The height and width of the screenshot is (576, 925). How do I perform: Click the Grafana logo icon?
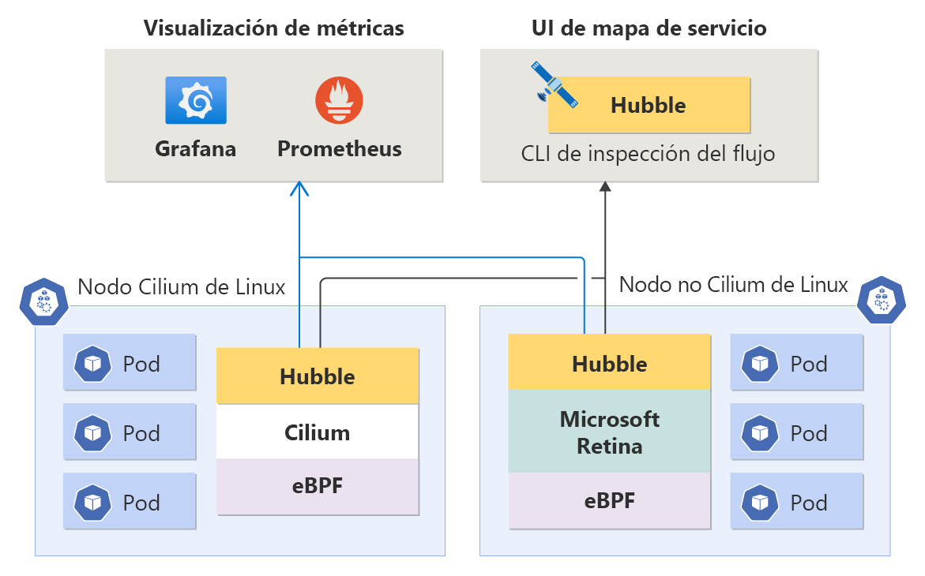coord(196,100)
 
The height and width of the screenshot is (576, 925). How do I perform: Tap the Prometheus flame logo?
coord(339,101)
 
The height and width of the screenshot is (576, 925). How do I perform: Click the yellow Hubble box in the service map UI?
coord(649,105)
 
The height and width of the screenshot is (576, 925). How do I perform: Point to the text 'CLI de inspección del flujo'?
coord(648,153)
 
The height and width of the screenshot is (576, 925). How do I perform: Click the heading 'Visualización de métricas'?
coord(273,28)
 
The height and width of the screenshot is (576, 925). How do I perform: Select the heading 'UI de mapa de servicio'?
coord(648,28)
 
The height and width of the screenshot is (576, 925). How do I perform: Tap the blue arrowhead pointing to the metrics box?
coord(299,189)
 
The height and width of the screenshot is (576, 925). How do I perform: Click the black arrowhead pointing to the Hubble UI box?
coord(605,187)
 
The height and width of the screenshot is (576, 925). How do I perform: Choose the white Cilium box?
coord(318,432)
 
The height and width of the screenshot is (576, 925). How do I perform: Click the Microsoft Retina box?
coord(610,432)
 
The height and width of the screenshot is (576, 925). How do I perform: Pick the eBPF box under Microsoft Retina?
coord(610,500)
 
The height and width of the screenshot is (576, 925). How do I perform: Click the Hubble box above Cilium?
coord(318,376)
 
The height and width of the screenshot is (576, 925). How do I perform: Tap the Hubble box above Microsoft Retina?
coord(610,363)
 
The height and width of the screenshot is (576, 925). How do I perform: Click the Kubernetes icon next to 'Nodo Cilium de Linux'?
coord(44,301)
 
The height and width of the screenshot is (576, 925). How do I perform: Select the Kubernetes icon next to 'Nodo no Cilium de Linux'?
coord(880,299)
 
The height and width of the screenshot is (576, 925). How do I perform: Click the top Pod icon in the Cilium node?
coord(93,363)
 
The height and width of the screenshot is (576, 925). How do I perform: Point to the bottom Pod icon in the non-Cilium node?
coord(760,502)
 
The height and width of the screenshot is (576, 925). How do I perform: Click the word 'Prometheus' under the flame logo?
coord(339,148)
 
